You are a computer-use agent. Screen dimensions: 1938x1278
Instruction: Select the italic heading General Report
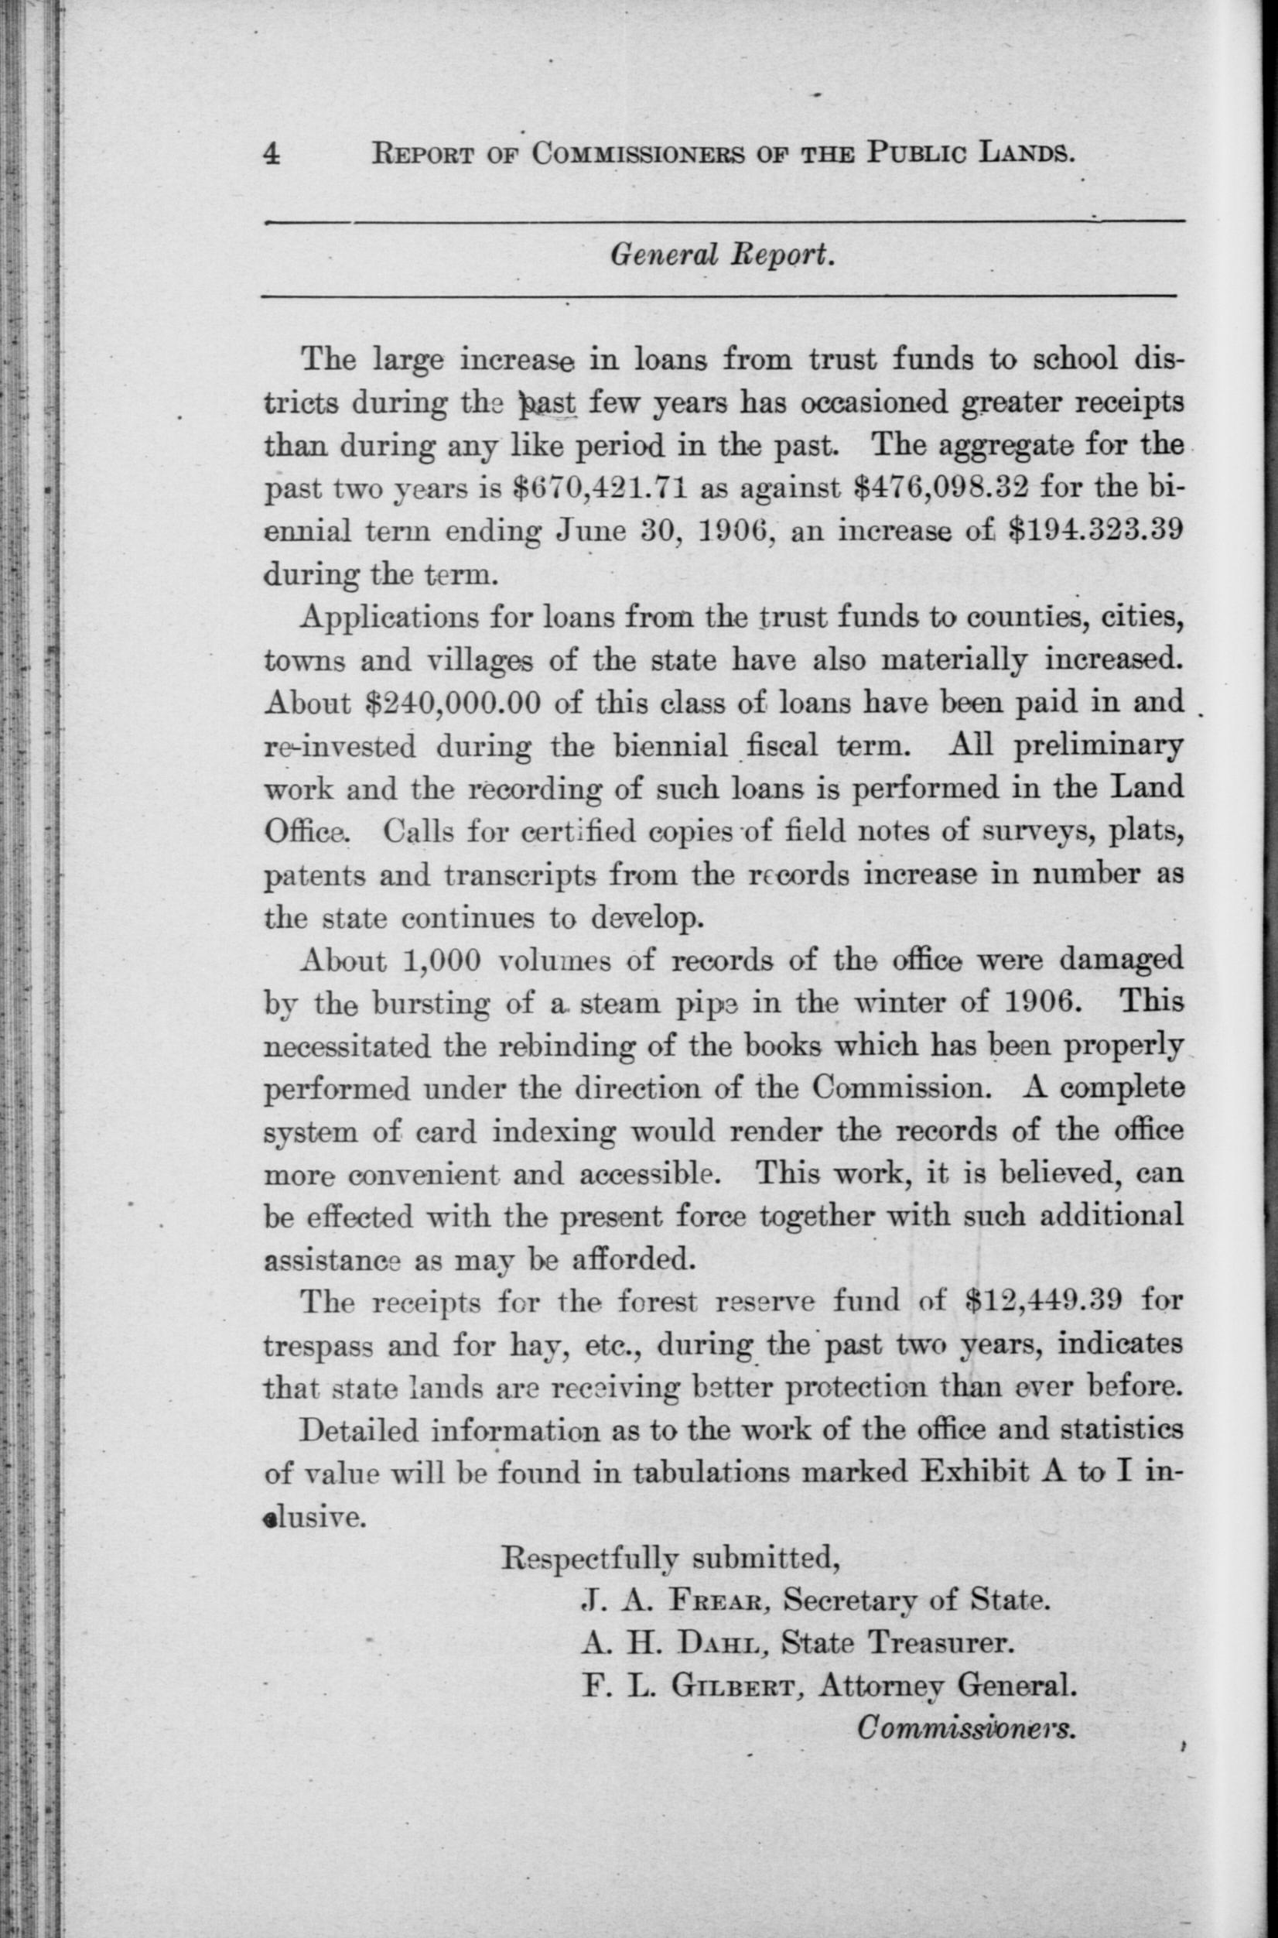tap(721, 256)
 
